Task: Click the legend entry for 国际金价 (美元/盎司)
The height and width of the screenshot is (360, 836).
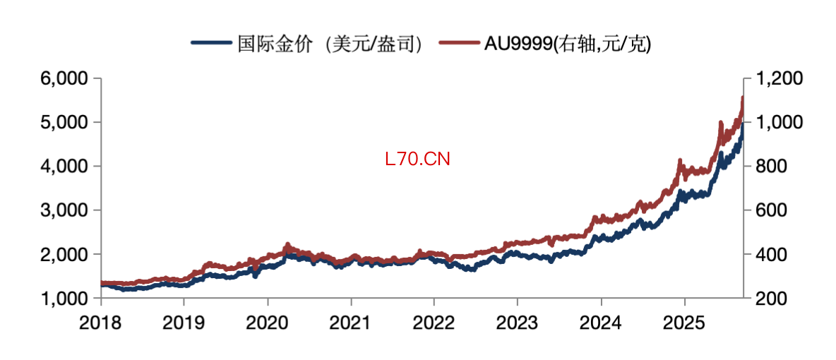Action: [x=330, y=44]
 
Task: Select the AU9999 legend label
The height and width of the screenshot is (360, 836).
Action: [x=568, y=44]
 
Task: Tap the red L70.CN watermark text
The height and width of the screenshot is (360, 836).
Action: [x=418, y=159]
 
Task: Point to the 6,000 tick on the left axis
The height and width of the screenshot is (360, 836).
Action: [x=64, y=78]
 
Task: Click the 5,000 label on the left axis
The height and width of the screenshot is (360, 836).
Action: [x=64, y=123]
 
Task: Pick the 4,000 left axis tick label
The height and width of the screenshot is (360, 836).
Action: [x=64, y=167]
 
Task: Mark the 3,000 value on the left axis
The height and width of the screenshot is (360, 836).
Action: [x=64, y=210]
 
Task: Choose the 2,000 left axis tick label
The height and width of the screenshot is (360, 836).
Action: [x=64, y=254]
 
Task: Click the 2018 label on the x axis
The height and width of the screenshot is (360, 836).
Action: [x=101, y=323]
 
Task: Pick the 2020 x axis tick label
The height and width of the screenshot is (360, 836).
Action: [x=268, y=323]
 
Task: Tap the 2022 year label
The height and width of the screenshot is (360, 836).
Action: [x=434, y=323]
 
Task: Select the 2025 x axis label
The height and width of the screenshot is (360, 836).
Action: [x=684, y=323]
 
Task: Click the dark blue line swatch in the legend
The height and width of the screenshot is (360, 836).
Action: [x=211, y=43]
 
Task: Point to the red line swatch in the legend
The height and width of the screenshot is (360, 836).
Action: [x=458, y=43]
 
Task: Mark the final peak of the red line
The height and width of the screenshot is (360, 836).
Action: [x=742, y=97]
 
